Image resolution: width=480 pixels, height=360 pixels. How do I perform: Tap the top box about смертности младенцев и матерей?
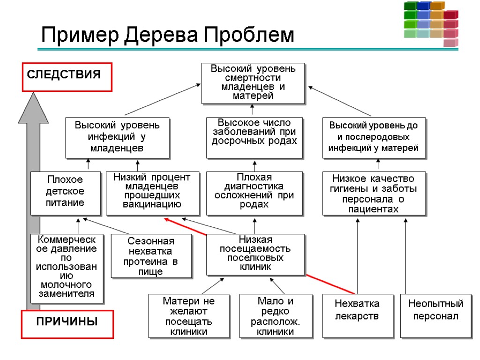pos(253,83)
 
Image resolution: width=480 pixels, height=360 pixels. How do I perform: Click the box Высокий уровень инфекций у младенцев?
pos(117,137)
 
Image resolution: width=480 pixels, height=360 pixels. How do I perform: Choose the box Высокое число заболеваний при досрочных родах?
pos(255,137)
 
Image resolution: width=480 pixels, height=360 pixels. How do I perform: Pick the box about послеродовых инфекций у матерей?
pos(373,137)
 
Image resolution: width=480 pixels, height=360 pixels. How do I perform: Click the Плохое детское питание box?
pos(66,193)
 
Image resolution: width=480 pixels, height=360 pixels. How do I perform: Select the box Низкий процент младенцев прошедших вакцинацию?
pos(152,193)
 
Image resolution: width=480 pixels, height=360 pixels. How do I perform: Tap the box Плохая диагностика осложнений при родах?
pos(255,193)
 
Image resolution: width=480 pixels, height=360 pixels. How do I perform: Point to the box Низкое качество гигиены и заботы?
pos(374,193)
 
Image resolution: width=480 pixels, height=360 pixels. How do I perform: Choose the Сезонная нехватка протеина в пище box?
pos(151,256)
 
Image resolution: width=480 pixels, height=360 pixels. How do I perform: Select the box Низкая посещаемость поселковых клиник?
pos(255,254)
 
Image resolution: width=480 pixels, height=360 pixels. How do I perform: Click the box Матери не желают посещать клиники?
pos(188,315)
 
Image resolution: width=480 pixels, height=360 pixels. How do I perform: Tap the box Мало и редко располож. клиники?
pos(276,315)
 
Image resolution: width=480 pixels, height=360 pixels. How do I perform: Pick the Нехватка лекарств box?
pos(357,315)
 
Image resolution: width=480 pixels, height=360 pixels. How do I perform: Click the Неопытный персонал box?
pos(435,315)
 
